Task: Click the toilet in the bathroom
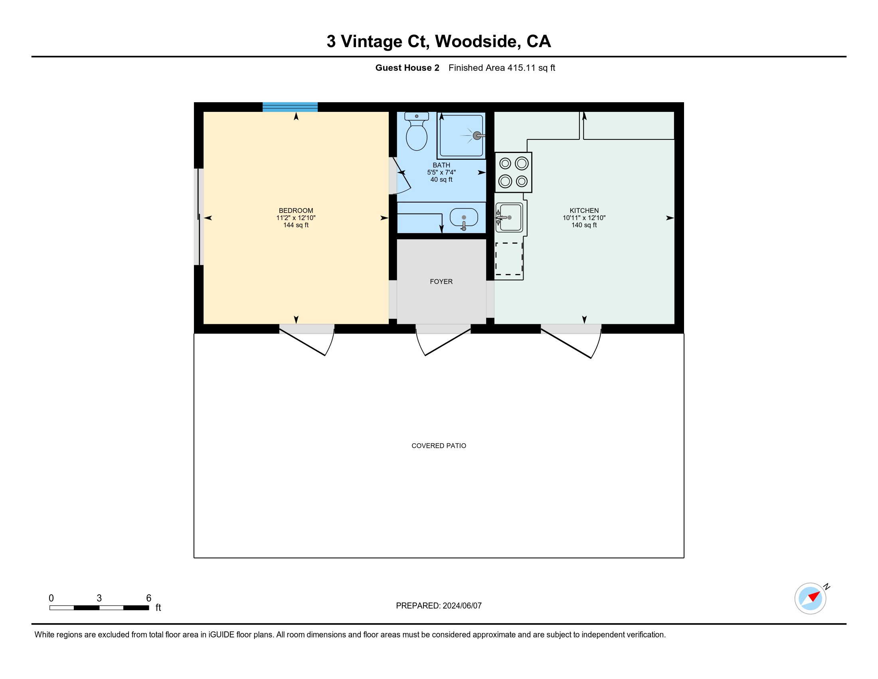[x=417, y=131]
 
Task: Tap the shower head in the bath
[x=477, y=135]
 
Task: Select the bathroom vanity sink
[x=464, y=218]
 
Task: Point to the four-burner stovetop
[x=513, y=172]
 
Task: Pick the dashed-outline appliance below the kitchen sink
[x=509, y=259]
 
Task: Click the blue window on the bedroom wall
[x=290, y=107]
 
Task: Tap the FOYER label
[x=441, y=282]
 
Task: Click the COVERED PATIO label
[x=439, y=446]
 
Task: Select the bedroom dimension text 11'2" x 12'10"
[x=296, y=218]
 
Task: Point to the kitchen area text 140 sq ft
[x=584, y=225]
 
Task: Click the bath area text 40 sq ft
[x=441, y=180]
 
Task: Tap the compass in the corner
[x=811, y=598]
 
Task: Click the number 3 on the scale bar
[x=99, y=598]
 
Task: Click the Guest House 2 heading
[x=407, y=68]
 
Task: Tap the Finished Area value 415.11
[x=522, y=68]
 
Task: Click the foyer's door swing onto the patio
[x=443, y=342]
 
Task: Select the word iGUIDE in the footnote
[x=221, y=635]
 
